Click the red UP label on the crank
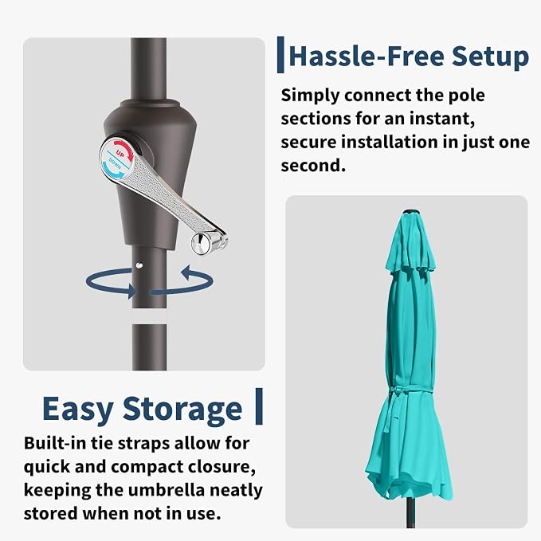click(120, 153)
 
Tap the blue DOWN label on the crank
click(115, 164)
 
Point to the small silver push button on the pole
click(139, 265)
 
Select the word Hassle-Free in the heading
click(367, 56)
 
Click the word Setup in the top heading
click(490, 57)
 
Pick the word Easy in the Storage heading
click(78, 410)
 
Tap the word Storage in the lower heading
click(182, 410)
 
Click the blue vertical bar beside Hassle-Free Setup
click(280, 54)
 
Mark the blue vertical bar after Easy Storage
click(259, 406)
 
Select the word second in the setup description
click(313, 166)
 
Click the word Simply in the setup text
click(310, 96)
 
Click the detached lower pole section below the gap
click(150, 347)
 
